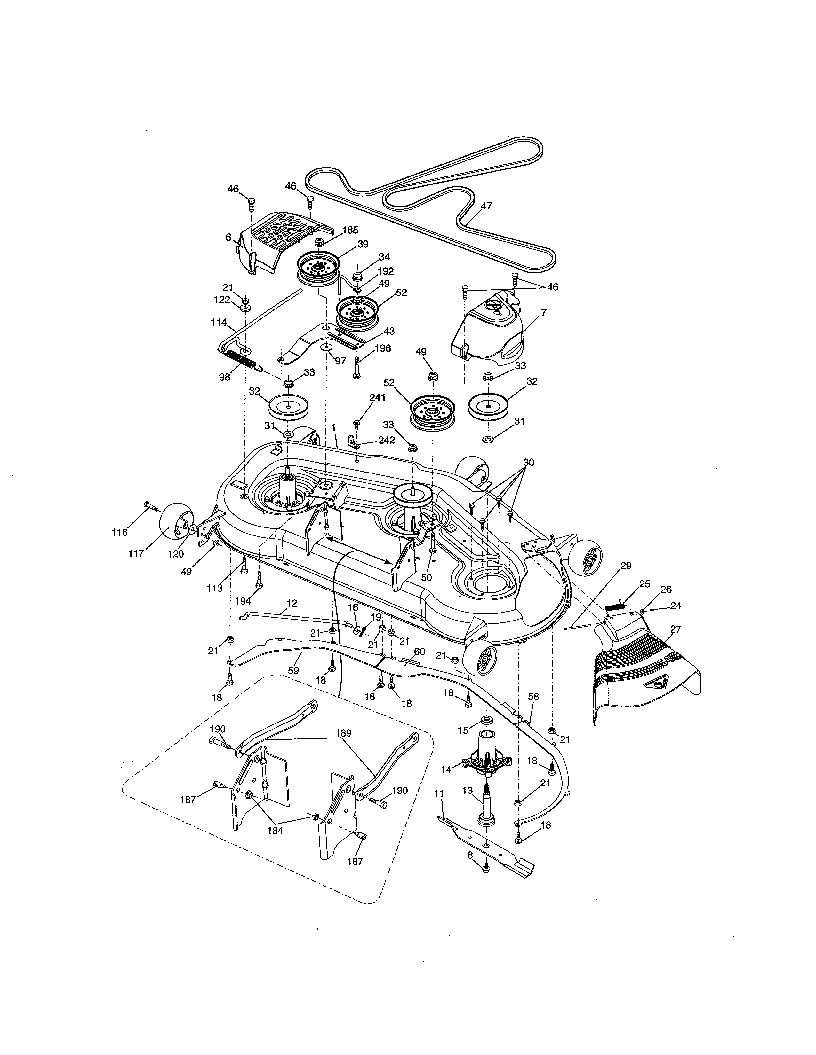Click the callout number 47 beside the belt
pos(486,206)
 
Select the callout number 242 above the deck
pos(386,440)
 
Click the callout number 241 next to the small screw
pos(377,398)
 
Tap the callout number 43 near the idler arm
pos(389,331)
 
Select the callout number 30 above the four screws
pos(528,462)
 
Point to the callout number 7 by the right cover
pos(543,313)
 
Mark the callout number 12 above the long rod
pos(292,603)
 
